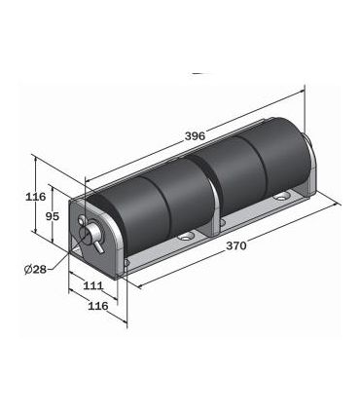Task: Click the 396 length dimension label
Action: [x=195, y=135]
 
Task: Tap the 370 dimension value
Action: [x=236, y=245]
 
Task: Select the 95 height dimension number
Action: [x=53, y=216]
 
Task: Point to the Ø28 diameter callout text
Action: [x=35, y=269]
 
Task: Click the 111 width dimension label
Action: [x=93, y=285]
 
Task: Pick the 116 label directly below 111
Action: [x=98, y=306]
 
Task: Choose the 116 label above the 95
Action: [x=36, y=197]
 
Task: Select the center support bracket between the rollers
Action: [x=212, y=207]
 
